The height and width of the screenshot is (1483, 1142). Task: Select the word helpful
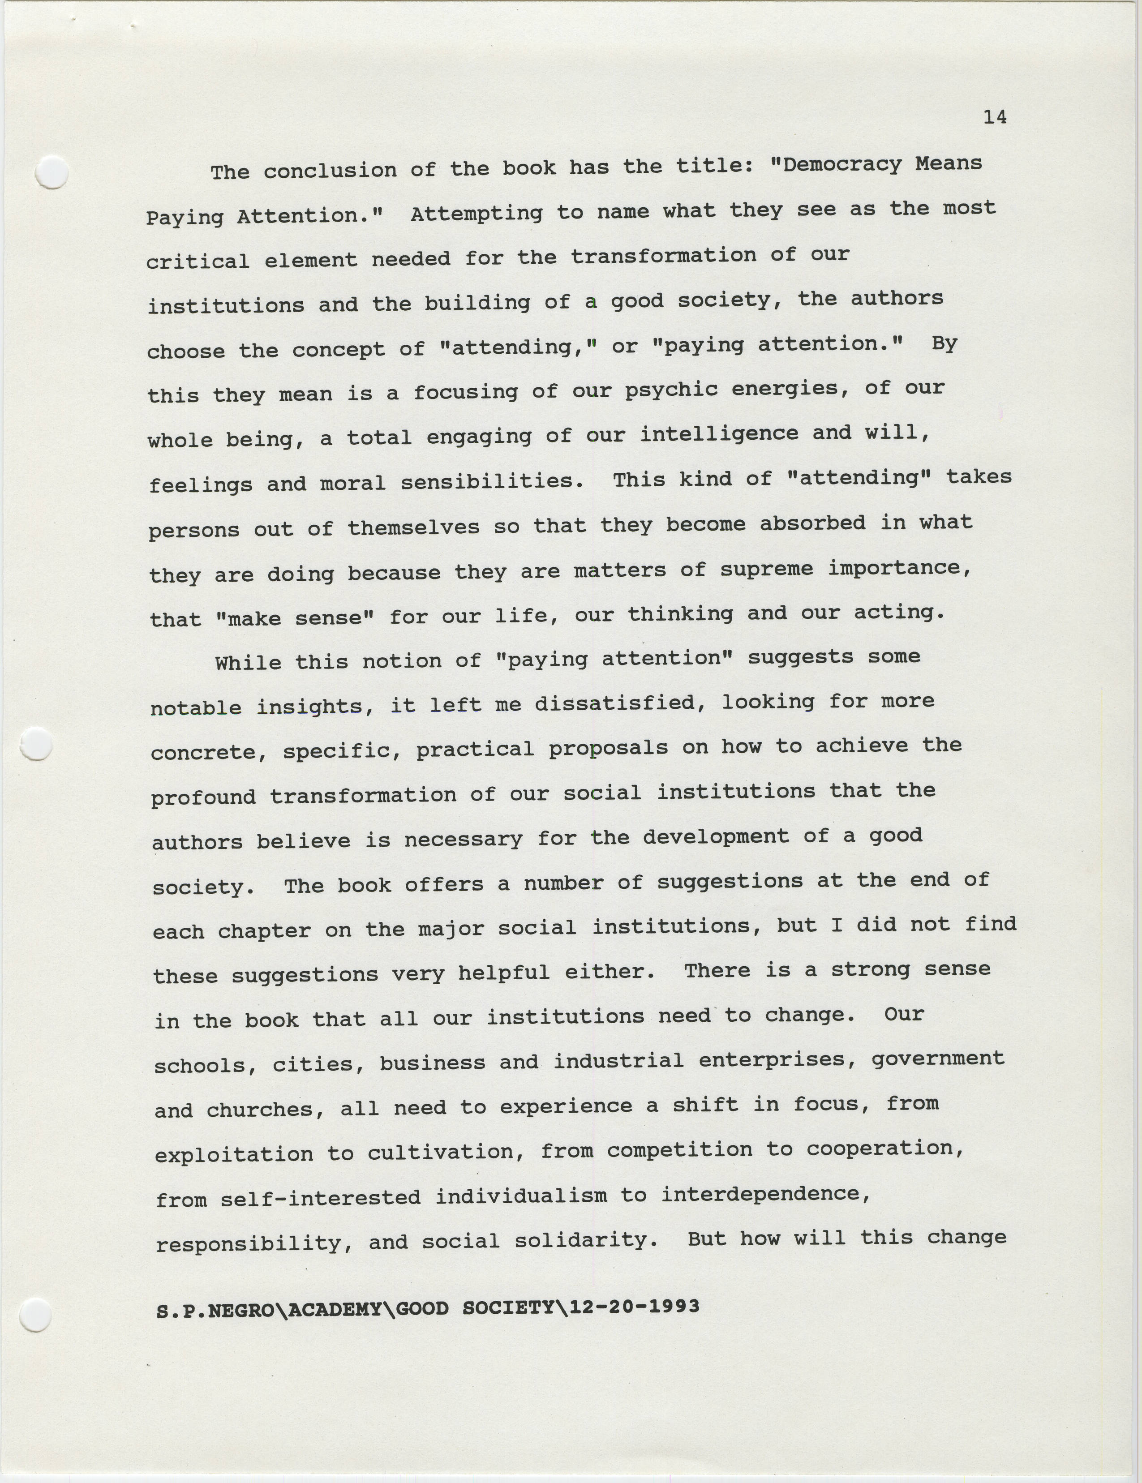(503, 973)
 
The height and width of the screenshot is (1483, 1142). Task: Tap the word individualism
(521, 1196)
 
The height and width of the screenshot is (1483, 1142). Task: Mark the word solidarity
(586, 1241)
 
